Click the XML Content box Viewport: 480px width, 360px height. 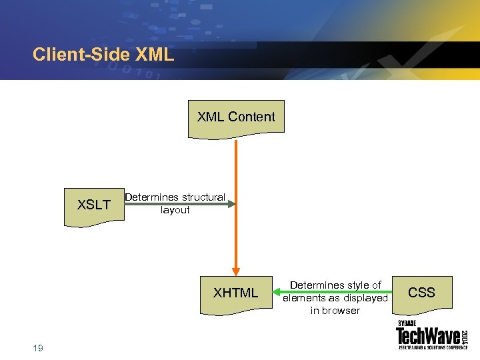236,118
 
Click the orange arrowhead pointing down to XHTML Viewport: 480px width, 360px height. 236,264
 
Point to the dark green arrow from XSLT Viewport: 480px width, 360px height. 180,204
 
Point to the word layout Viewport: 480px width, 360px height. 175,210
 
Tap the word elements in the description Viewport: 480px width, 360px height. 305,298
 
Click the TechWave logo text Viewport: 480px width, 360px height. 426,337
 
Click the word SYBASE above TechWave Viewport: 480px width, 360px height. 407,324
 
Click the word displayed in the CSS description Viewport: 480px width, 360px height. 365,298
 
